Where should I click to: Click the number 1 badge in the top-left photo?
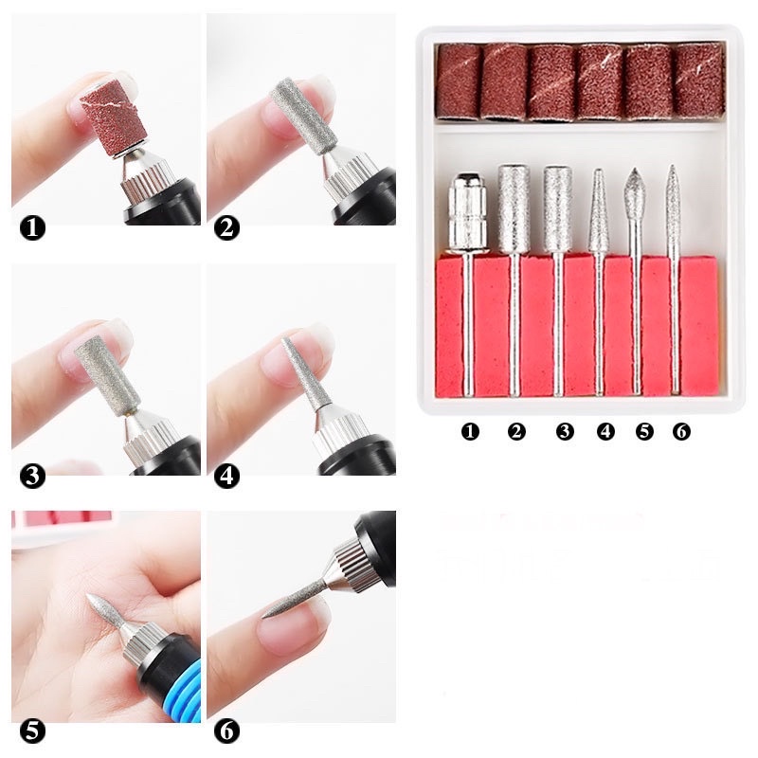click(33, 227)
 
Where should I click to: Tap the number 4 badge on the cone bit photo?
click(227, 476)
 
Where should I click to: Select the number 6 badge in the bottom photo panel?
click(227, 731)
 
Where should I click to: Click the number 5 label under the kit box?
click(644, 432)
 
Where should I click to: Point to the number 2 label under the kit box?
click(516, 432)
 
